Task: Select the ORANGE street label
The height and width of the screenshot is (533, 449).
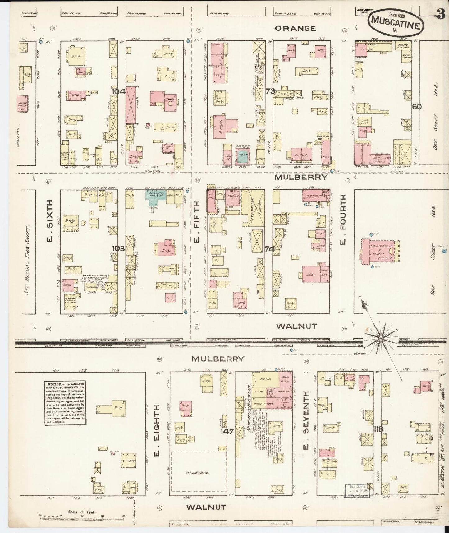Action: [295, 28]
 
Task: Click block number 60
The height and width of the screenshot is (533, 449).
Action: [417, 106]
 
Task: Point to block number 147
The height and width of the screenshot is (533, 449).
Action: [227, 431]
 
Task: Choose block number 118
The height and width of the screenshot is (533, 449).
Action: [378, 429]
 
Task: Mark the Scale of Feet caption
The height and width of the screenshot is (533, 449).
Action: [82, 512]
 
